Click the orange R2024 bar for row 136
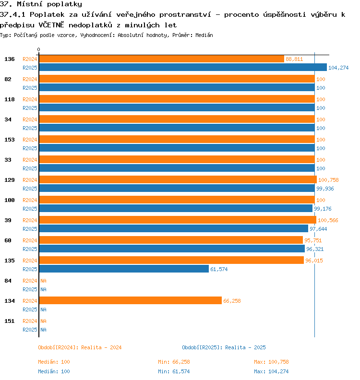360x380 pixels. [161, 59]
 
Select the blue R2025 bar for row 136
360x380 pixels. [183, 67]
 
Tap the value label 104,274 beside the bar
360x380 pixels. [338, 68]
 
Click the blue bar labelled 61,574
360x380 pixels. [124, 269]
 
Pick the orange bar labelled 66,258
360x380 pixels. [131, 300]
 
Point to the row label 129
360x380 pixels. [10, 180]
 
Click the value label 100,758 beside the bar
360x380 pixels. [328, 180]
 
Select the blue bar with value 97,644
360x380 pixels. [174, 228]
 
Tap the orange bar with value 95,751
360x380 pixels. [171, 240]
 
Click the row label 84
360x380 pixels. [8, 281]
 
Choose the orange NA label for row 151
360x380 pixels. [43, 321]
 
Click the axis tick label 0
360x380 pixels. [38, 49]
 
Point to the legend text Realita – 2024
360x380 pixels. [101, 347]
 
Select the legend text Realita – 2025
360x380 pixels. [245, 347]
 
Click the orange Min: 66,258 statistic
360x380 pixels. [174, 362]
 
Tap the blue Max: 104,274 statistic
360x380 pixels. [271, 371]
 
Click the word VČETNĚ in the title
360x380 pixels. [51, 25]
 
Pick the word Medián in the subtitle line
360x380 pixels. [204, 35]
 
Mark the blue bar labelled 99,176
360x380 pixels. [176, 208]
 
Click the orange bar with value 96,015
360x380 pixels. [172, 260]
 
